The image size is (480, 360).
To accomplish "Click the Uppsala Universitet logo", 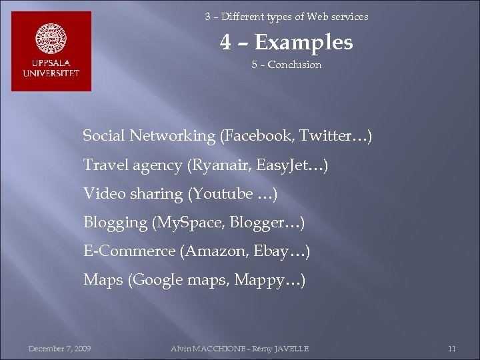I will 51,51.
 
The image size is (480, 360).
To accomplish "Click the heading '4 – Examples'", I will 287,43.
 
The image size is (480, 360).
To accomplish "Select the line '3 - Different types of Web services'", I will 287,17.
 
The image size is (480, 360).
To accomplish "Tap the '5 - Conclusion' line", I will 287,65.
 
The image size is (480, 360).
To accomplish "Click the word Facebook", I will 257,136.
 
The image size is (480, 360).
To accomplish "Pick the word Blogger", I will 256,222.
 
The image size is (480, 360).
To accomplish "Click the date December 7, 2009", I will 59,349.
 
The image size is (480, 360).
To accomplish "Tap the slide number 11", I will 451,349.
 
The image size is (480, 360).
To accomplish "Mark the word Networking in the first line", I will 173,136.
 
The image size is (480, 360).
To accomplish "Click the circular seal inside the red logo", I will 51,39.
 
